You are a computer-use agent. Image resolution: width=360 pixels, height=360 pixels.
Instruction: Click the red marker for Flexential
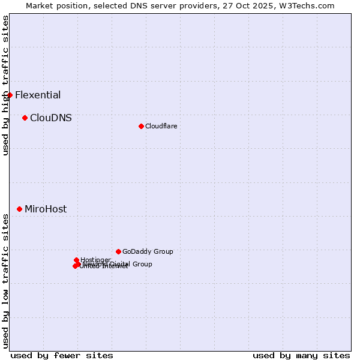[x=10, y=95]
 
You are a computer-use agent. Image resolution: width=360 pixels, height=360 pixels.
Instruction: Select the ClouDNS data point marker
[x=25, y=118]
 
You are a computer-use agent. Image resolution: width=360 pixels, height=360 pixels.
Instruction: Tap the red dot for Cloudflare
[x=141, y=126]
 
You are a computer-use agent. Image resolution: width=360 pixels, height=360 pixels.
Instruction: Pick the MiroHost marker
[x=19, y=209]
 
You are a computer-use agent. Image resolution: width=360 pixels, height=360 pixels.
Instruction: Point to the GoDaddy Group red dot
[x=118, y=251]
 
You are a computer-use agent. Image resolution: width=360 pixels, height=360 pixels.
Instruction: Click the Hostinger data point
[x=76, y=260]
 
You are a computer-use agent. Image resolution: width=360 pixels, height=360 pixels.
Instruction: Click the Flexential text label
[x=38, y=95]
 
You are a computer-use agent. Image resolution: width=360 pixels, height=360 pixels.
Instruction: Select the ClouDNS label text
[x=51, y=118]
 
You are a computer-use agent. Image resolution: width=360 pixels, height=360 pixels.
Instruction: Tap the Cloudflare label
[x=161, y=126]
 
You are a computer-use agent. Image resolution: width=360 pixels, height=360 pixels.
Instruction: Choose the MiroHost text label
[x=46, y=209]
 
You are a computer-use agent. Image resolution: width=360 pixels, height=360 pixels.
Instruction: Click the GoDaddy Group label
[x=148, y=251]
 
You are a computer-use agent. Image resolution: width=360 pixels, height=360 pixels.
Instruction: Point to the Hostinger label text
[x=95, y=260]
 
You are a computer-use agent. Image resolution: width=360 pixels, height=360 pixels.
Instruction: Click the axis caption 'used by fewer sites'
[x=62, y=355]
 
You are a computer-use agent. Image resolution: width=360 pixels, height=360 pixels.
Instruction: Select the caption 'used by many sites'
[x=301, y=355]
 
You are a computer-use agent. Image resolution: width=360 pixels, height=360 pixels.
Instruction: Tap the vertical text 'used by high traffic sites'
[x=5, y=85]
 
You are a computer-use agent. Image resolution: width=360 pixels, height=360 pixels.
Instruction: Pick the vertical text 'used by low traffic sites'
[x=5, y=281]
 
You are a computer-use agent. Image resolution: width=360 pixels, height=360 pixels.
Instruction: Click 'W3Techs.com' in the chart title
[x=310, y=5]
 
